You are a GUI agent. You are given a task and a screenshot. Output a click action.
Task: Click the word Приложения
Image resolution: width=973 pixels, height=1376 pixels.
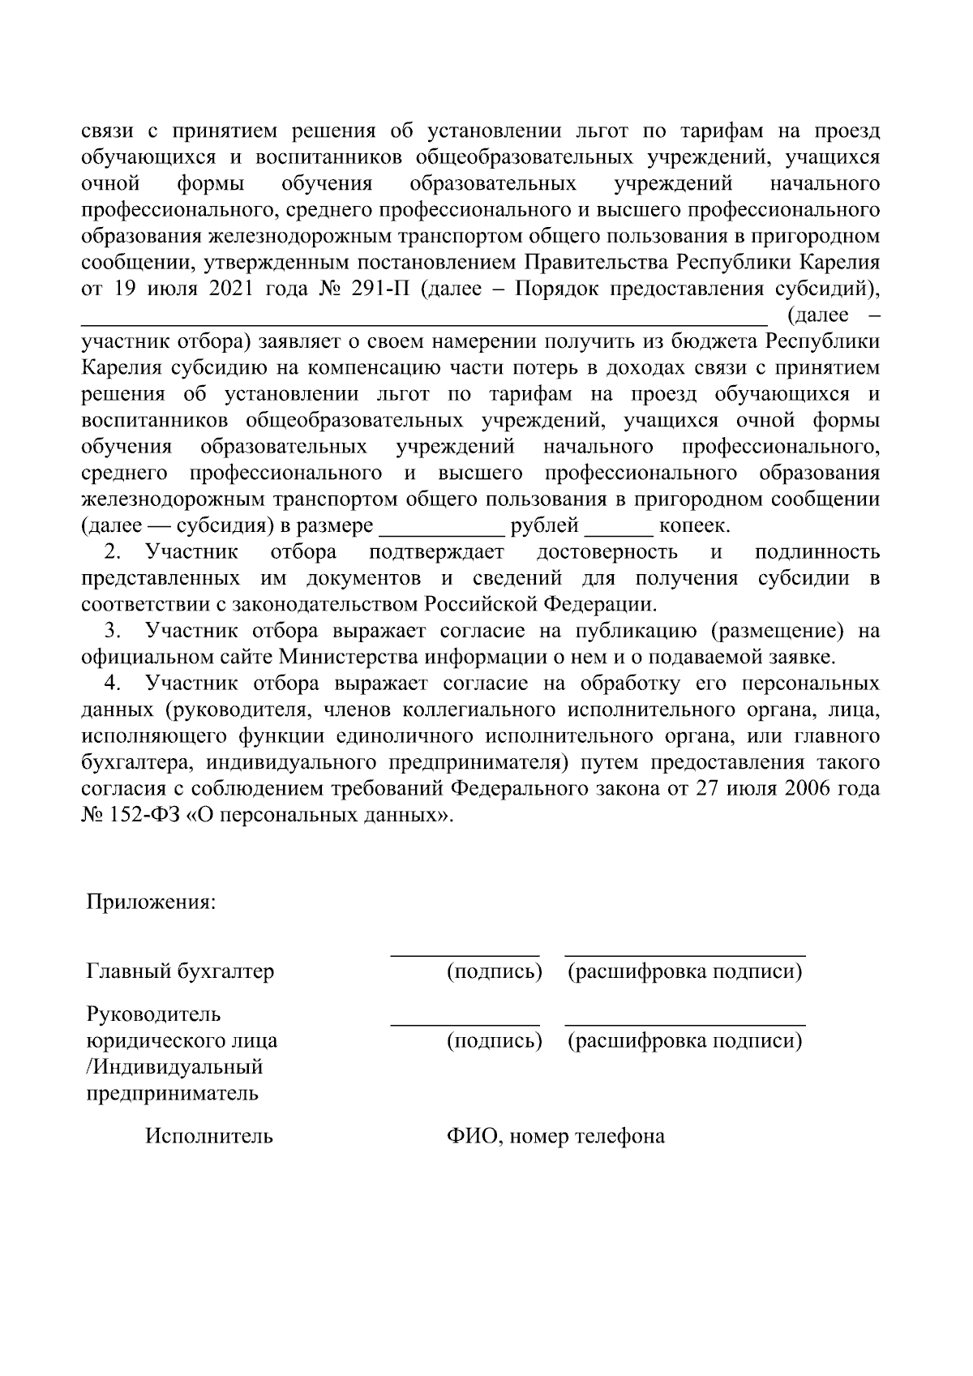(x=151, y=903)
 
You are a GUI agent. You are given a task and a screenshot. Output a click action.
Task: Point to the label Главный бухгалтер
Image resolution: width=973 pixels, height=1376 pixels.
(x=180, y=971)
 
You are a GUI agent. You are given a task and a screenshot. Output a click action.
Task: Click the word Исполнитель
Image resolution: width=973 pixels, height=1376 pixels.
(x=209, y=1136)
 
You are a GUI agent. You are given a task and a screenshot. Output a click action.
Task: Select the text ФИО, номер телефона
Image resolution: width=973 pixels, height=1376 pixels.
(x=555, y=1136)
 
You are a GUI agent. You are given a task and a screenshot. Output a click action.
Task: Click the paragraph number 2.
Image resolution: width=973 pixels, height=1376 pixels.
(x=114, y=553)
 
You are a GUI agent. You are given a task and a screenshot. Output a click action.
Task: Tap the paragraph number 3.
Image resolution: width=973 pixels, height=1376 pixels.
(x=114, y=631)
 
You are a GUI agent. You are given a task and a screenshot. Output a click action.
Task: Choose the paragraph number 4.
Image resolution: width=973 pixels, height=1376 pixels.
(x=114, y=684)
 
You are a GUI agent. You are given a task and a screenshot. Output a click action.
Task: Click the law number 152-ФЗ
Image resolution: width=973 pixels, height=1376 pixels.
(x=141, y=814)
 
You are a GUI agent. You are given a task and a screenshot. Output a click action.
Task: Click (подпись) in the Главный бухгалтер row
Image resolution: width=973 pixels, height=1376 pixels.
(x=494, y=971)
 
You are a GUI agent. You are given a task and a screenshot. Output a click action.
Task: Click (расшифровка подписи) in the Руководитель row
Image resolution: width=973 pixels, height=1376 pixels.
(x=685, y=1040)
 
